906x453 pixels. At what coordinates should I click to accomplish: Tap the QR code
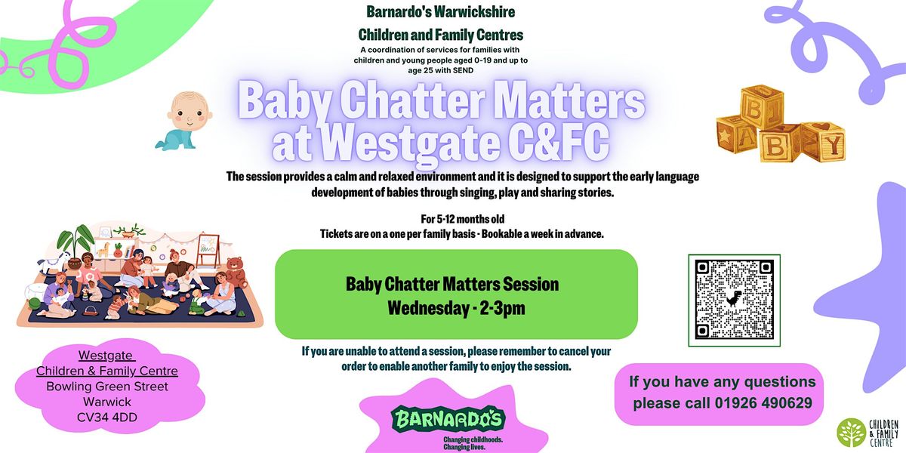tap(734, 299)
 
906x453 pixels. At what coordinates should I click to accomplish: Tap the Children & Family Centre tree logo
tap(852, 432)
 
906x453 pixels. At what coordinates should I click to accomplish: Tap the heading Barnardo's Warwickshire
tap(440, 12)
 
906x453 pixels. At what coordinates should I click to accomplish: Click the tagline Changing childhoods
tap(472, 439)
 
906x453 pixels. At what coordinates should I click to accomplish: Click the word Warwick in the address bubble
tap(107, 402)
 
